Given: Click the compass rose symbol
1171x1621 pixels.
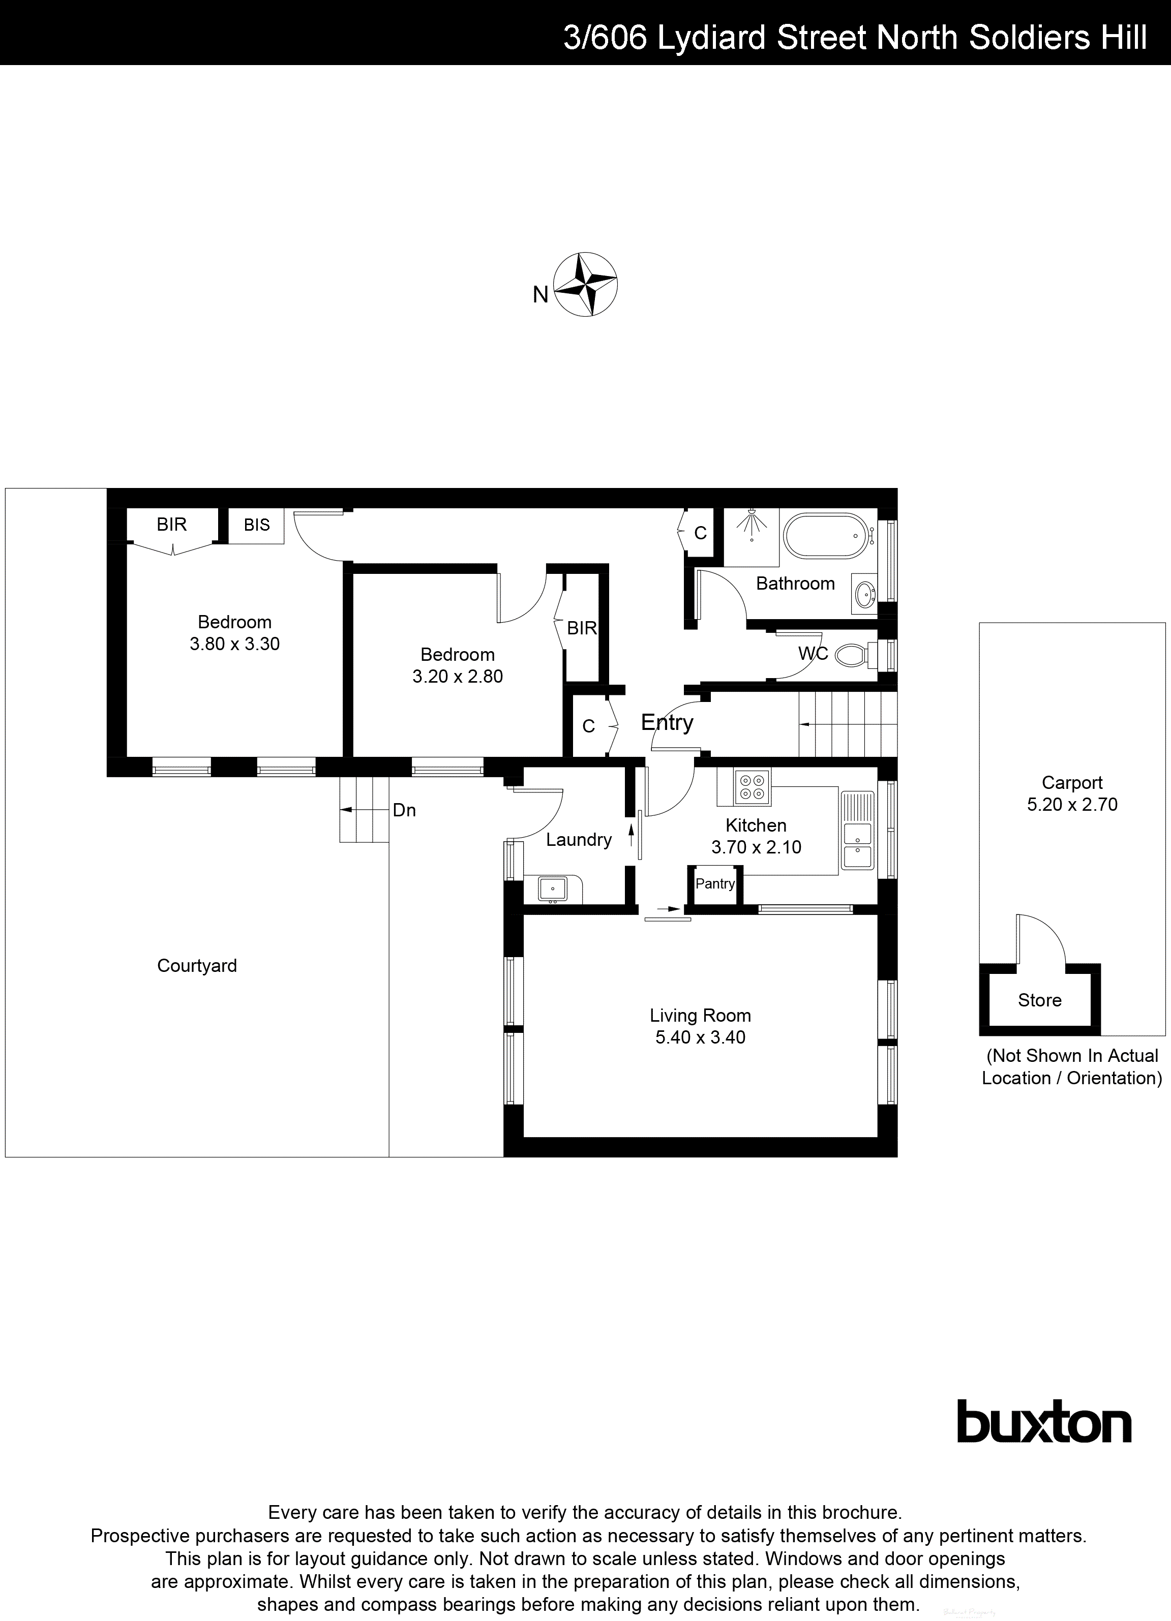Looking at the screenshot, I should click(586, 285).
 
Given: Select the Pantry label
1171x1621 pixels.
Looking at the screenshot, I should click(715, 884).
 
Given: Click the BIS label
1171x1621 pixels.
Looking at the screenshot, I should click(257, 525).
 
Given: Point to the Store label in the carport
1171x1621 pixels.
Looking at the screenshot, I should click(1039, 1001).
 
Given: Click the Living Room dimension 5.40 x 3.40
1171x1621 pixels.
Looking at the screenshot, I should click(700, 1038).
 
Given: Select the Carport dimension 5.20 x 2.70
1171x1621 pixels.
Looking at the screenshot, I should click(1072, 805).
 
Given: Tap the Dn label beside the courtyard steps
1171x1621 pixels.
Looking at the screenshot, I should click(404, 810).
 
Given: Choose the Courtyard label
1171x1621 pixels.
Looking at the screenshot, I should click(197, 966).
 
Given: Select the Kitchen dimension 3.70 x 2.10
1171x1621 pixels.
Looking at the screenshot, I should click(756, 848).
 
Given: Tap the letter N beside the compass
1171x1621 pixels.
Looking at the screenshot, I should click(541, 294).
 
